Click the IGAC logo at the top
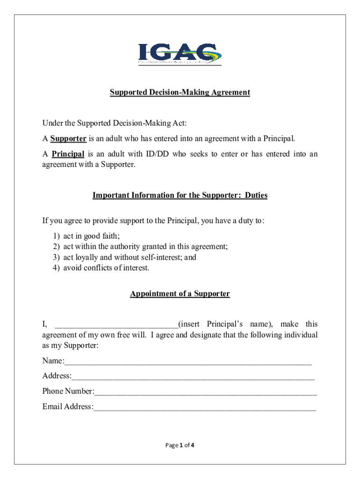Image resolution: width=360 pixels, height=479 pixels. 180,54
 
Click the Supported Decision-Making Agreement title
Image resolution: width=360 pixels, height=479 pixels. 180,93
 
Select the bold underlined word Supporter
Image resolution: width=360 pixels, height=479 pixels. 68,138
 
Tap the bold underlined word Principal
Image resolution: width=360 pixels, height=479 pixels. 68,154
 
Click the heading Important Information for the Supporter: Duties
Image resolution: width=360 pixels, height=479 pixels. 180,196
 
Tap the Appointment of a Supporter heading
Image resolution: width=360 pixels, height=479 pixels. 180,294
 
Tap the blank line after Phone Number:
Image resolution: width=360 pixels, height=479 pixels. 206,392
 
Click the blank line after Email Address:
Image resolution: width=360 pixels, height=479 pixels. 205,407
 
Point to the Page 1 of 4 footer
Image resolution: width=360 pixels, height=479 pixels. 180,445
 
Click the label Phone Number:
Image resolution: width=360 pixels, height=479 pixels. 68,391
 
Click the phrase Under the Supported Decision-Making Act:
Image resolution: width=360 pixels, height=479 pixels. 115,123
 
